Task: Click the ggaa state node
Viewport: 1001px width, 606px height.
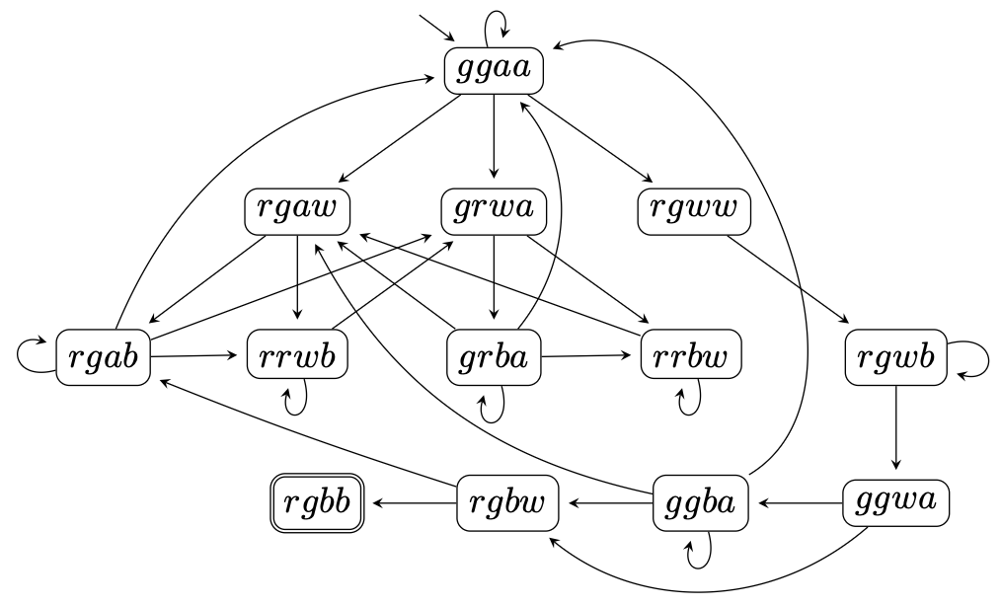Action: tap(494, 70)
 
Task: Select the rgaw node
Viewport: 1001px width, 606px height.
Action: tap(297, 210)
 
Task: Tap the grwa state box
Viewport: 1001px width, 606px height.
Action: tap(494, 210)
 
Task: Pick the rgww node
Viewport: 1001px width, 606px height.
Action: tap(689, 210)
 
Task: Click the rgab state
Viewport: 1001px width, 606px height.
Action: tap(104, 357)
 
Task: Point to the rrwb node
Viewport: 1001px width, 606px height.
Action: tap(297, 357)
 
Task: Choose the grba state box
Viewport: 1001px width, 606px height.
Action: tap(494, 357)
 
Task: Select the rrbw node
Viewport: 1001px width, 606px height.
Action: tap(689, 357)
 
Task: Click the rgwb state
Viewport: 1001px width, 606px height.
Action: tap(896, 357)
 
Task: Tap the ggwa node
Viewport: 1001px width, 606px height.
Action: tap(896, 503)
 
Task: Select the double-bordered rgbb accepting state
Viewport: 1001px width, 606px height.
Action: tap(317, 503)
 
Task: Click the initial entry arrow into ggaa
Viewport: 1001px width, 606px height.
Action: tap(436, 31)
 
